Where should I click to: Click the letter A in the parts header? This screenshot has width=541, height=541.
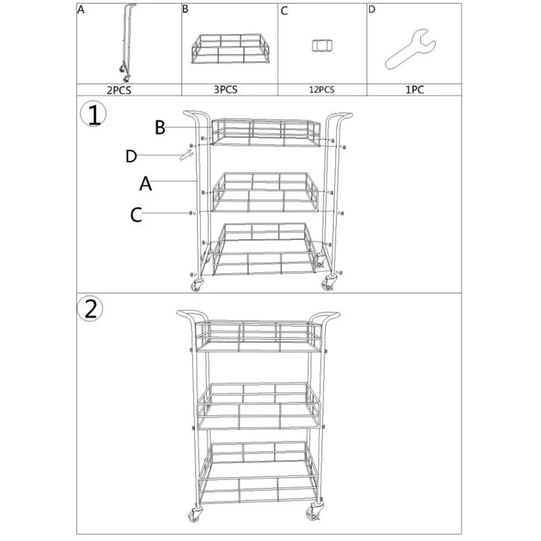(80, 10)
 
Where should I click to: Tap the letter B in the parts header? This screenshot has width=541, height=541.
(185, 10)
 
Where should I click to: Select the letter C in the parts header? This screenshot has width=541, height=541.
(285, 11)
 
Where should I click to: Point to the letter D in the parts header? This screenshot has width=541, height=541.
(372, 10)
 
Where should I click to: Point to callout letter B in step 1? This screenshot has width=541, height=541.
(160, 128)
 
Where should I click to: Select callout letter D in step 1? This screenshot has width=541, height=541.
(132, 156)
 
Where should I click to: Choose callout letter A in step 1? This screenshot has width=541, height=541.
(146, 183)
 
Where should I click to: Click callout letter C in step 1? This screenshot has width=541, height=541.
(136, 214)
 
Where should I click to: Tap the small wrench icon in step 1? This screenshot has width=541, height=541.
(185, 154)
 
